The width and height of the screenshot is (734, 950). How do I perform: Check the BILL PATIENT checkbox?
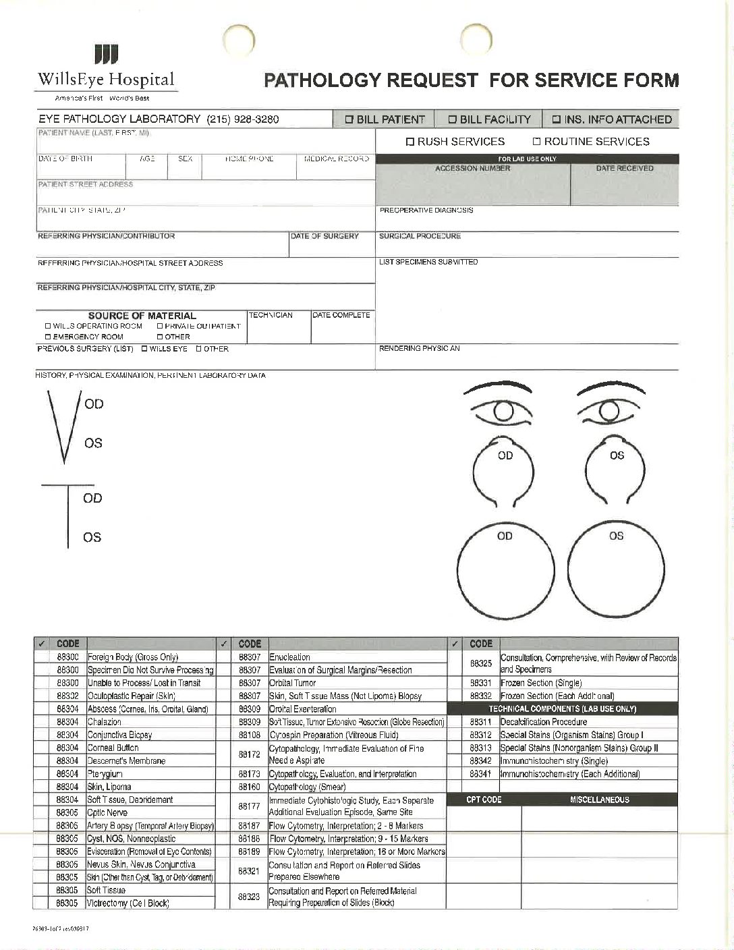click(x=349, y=120)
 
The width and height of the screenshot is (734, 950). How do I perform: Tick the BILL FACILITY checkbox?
click(x=453, y=120)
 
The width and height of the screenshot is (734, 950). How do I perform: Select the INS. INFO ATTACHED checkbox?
click(x=557, y=120)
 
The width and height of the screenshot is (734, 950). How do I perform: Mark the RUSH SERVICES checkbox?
click(x=410, y=142)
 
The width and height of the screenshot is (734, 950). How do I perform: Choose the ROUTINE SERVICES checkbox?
click(x=537, y=142)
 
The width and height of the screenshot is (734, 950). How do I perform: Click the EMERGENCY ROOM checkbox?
click(x=48, y=337)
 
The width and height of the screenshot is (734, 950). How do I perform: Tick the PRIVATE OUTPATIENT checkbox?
click(x=160, y=327)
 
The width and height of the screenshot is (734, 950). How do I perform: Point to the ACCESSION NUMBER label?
click(x=472, y=168)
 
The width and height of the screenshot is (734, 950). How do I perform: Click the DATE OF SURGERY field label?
click(x=324, y=236)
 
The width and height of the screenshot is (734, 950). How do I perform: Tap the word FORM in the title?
click(x=647, y=80)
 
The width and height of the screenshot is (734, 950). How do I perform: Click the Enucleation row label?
click(x=289, y=657)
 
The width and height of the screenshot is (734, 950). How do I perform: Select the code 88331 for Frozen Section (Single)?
click(x=480, y=683)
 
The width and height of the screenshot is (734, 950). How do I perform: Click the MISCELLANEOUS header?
click(x=599, y=800)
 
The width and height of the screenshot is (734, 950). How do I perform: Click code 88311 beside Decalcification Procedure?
click(x=480, y=722)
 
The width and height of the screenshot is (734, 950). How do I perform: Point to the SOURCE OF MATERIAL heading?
click(x=142, y=315)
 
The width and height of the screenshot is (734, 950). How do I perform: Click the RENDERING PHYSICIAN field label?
click(x=419, y=348)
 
